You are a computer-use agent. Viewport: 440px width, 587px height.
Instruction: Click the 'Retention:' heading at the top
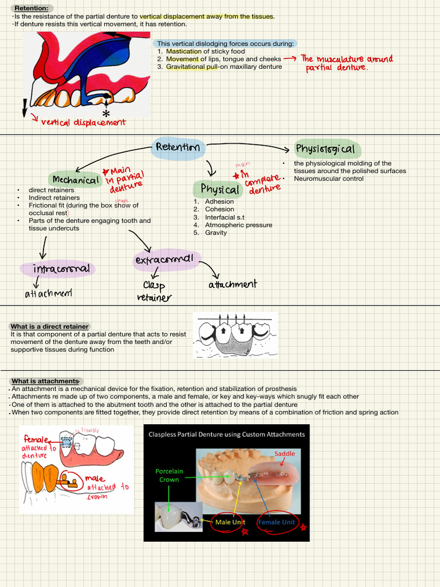click(x=31, y=9)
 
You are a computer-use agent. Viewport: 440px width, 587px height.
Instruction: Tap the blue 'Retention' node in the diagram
click(x=178, y=147)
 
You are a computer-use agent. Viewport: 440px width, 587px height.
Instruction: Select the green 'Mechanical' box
click(x=76, y=180)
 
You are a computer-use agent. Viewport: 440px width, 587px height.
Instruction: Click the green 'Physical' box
click(x=219, y=189)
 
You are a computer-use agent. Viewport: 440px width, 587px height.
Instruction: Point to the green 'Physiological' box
click(x=325, y=150)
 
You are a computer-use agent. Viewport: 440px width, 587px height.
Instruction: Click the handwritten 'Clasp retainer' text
click(x=154, y=291)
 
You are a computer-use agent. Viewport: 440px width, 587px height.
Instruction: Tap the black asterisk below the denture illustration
click(x=107, y=115)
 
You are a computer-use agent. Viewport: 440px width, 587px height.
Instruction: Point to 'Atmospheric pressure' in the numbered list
click(x=238, y=225)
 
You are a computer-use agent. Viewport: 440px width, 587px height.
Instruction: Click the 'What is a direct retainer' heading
click(x=50, y=326)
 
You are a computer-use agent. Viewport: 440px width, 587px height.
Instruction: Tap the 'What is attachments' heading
click(x=45, y=381)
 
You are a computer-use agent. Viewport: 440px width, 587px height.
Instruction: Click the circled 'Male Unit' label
click(x=230, y=522)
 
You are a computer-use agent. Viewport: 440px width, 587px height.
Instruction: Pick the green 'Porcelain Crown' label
click(x=169, y=475)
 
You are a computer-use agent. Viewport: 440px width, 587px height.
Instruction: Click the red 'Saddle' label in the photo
click(x=284, y=453)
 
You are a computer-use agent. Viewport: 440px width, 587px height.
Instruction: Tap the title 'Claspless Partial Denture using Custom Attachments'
click(x=226, y=435)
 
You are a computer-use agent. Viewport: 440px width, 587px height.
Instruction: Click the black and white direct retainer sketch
click(x=235, y=335)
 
